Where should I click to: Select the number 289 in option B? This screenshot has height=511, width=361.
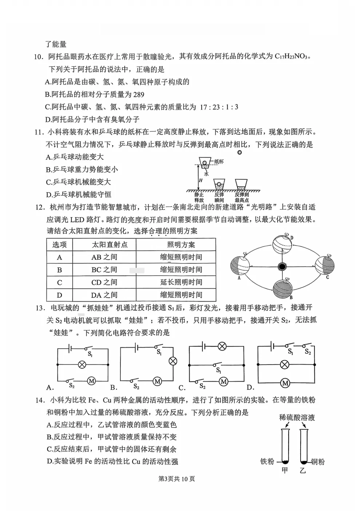tap(139, 95)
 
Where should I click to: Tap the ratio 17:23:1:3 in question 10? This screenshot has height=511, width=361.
tap(219, 107)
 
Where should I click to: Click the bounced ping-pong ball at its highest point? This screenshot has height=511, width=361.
tap(239, 152)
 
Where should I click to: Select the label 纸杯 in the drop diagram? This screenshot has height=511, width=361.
tap(219, 161)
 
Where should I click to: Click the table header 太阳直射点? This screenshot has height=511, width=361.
tap(104, 245)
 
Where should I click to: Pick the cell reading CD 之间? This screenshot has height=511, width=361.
tap(104, 282)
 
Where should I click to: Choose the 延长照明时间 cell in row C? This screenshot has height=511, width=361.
tap(181, 282)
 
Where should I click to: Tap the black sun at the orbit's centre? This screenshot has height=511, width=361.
tap(282, 267)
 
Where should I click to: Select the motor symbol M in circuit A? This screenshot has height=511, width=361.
tap(92, 381)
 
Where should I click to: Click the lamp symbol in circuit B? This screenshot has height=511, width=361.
tap(173, 361)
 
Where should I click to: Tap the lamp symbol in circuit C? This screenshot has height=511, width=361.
tap(222, 346)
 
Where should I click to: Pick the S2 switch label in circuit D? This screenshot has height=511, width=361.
tap(308, 352)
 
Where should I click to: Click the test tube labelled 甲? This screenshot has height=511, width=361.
tap(285, 446)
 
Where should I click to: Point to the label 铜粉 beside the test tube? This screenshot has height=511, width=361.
tap(317, 462)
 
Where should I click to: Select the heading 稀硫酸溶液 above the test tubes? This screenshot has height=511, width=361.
tap(297, 417)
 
